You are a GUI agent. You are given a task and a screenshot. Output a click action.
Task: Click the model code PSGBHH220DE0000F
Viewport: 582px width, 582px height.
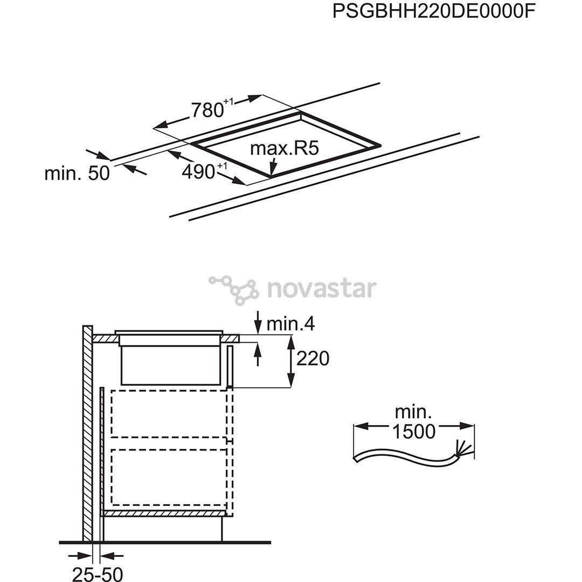point(434,11)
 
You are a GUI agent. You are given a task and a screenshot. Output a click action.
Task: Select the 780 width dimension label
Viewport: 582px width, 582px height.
point(212,109)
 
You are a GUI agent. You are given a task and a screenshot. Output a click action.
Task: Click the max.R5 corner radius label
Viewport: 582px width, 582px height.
point(285,148)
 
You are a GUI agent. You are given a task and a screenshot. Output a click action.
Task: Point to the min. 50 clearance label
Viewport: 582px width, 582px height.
point(77,173)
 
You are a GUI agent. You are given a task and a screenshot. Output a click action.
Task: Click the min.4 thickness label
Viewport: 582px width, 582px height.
point(290,324)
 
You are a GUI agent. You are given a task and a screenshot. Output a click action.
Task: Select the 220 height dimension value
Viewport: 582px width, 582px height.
point(313,358)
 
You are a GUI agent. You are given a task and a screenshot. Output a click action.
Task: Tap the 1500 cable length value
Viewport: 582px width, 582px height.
point(413,431)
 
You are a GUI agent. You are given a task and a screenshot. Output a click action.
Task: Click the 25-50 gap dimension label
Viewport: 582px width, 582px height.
point(97,574)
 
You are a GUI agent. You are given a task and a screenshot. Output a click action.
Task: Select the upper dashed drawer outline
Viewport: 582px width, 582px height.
point(169,413)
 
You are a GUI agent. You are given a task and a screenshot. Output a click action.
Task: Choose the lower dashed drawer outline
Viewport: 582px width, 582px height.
point(169,477)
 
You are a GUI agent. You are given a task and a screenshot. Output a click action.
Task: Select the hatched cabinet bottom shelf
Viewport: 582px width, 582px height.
point(164,514)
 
